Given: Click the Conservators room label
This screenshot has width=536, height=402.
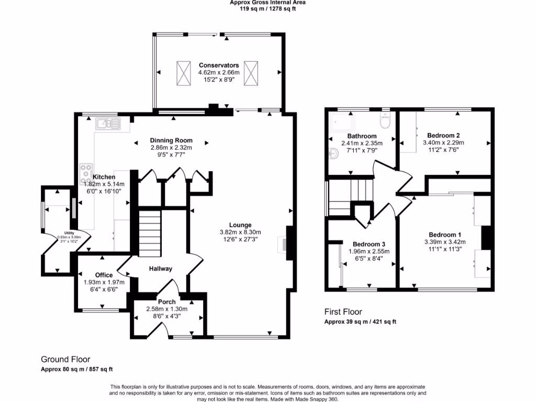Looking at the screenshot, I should coord(219,65).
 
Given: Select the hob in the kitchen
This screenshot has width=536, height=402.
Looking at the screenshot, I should coord(85,173).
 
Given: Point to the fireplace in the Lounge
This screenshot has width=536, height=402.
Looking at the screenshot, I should coord(286,243).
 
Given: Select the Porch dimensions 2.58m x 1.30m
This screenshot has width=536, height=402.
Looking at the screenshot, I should coord(167,309).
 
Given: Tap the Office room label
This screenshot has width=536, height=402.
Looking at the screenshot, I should coord(104,275).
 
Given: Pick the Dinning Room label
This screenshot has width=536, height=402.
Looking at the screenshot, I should coord(171,140).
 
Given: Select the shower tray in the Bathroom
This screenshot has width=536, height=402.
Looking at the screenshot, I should coord(341,122).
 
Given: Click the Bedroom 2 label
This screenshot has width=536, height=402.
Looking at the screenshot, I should coord(443,135).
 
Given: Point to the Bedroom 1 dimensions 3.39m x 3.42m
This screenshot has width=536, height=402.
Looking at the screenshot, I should coord(445,242).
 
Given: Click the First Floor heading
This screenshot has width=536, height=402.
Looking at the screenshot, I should coord(343,312).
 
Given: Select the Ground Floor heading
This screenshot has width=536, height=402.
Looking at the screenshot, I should coord(65,360).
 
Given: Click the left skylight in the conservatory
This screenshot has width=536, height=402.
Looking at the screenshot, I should coord(184,72).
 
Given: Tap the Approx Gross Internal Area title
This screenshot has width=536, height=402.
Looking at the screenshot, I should coord(267,2).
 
